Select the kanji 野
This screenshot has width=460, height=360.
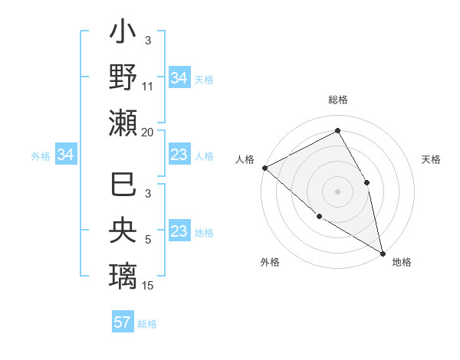(x=123, y=77)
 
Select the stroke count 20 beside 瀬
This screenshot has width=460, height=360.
(x=148, y=132)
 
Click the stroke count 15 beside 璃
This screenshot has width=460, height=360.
(x=148, y=285)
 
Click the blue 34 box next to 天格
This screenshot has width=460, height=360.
(x=179, y=78)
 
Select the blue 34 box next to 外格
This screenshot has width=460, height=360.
(x=65, y=155)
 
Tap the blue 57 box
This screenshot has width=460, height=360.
(x=123, y=322)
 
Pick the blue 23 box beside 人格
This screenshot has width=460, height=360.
(x=179, y=155)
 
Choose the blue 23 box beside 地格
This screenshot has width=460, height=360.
(x=179, y=232)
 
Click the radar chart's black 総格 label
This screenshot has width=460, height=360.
(x=338, y=100)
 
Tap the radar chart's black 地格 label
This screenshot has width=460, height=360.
(x=402, y=262)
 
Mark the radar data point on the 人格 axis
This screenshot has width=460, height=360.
(x=264, y=168)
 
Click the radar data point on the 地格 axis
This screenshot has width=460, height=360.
(x=382, y=252)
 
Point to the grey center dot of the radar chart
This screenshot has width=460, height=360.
(x=337, y=191)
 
